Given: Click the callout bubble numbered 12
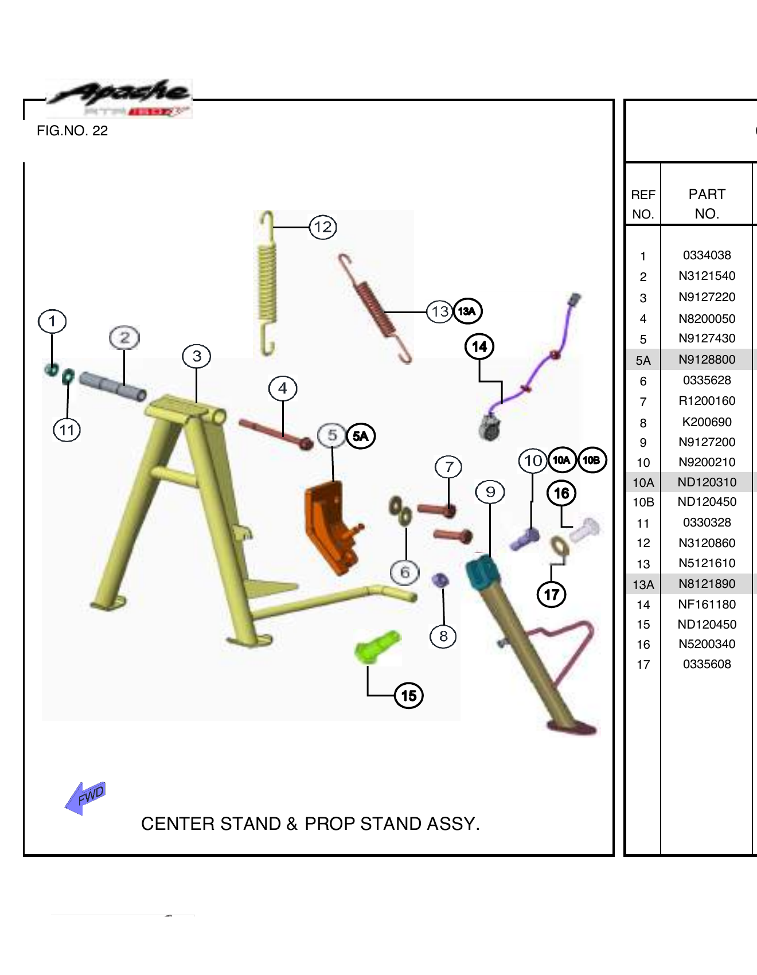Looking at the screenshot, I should coord(323,227).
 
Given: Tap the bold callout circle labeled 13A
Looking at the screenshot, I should coord(467,311).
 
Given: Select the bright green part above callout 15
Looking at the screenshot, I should coord(376,648).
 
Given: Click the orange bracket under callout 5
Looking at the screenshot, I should coord(330,525).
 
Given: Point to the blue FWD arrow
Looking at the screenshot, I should coord(85,798).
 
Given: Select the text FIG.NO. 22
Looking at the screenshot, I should coord(72,131).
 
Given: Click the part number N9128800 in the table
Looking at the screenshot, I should coord(707,360).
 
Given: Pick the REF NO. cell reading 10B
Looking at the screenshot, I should coord(643,502).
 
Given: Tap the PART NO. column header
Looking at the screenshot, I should coord(707,204).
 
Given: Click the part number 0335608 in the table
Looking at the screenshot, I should coord(707,664).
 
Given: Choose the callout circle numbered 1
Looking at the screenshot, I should coord(52,321).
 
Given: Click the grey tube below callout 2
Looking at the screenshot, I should coord(112,387).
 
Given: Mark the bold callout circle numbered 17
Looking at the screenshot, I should coord(551,595).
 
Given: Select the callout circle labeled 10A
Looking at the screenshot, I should coord(561,460).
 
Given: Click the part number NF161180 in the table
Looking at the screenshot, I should coord(707,604).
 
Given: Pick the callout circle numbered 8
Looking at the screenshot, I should coord(443,636).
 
